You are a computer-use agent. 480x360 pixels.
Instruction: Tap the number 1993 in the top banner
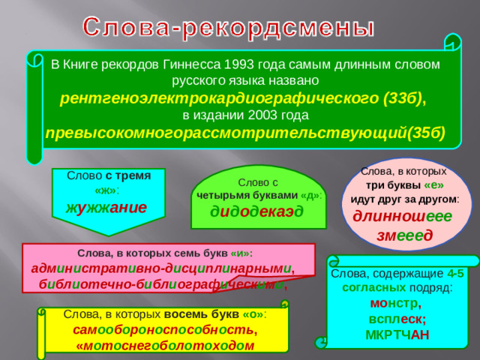click(x=248, y=64)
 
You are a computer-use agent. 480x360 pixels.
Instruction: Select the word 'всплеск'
click(x=397, y=319)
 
